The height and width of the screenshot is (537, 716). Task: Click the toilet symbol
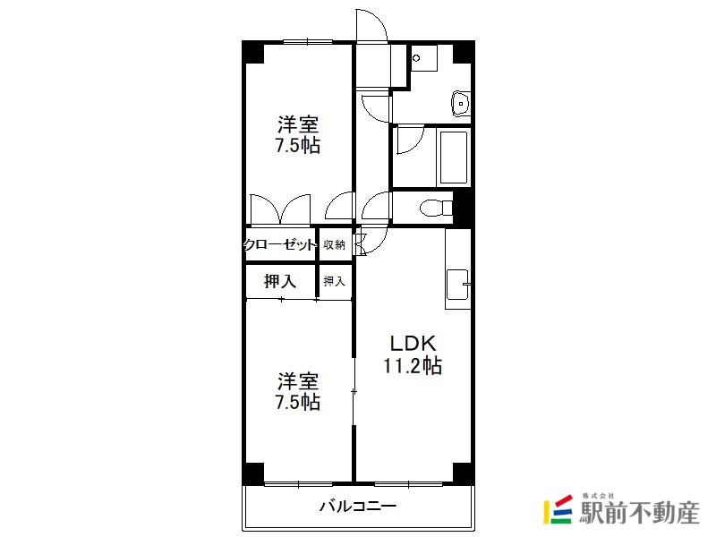(x=436, y=209)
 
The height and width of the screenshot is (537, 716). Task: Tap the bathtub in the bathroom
(x=454, y=157)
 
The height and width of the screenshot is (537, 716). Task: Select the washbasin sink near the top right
(x=461, y=104)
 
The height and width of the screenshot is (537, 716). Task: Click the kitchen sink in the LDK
(x=457, y=284)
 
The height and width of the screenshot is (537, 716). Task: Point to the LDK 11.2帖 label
(x=413, y=354)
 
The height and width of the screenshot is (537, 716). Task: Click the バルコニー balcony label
(x=357, y=506)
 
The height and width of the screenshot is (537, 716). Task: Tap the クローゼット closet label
(x=280, y=244)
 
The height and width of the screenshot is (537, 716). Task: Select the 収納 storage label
(x=334, y=244)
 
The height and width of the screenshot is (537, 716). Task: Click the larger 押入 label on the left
(x=280, y=281)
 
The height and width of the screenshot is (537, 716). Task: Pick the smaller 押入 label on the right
(x=334, y=281)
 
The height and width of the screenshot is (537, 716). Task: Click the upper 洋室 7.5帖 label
(x=298, y=135)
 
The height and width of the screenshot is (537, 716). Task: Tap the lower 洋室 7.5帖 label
(x=298, y=392)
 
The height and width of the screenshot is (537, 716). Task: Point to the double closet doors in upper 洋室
(x=280, y=210)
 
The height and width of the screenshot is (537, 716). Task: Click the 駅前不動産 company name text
(x=639, y=513)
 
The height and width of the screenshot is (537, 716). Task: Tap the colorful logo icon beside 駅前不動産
(x=558, y=509)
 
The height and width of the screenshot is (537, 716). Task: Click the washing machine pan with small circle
(x=423, y=57)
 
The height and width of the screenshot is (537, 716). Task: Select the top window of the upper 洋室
(x=307, y=42)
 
